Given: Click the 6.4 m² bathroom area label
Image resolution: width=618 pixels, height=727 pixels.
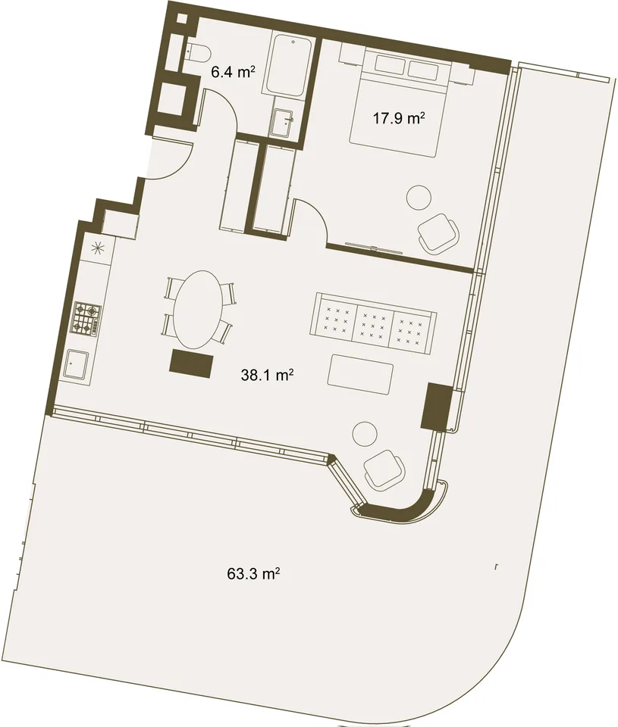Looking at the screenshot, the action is [233, 73].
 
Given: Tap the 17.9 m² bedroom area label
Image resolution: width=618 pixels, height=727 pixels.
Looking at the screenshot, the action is [400, 118].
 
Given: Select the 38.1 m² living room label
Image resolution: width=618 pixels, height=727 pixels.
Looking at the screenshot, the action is [267, 375].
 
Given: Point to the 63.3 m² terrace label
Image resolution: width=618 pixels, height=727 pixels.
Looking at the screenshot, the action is [253, 574].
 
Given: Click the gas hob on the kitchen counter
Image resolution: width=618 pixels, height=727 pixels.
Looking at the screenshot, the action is [86, 318].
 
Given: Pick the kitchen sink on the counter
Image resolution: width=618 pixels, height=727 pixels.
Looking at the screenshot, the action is [77, 366].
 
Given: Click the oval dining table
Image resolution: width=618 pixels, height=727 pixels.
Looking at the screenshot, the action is [198, 310].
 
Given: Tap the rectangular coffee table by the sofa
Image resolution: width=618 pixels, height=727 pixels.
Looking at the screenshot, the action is [360, 373].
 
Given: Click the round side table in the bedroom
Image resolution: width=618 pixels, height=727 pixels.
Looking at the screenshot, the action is [419, 198].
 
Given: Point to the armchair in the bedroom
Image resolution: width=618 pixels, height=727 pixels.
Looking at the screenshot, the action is [439, 234].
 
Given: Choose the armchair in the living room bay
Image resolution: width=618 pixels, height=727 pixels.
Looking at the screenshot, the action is [385, 470].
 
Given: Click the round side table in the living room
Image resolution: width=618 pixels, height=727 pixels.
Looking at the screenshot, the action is [365, 433].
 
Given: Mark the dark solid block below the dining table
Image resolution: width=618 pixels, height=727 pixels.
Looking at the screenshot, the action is [191, 363].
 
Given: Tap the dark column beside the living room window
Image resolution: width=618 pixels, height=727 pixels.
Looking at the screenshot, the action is [437, 407].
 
